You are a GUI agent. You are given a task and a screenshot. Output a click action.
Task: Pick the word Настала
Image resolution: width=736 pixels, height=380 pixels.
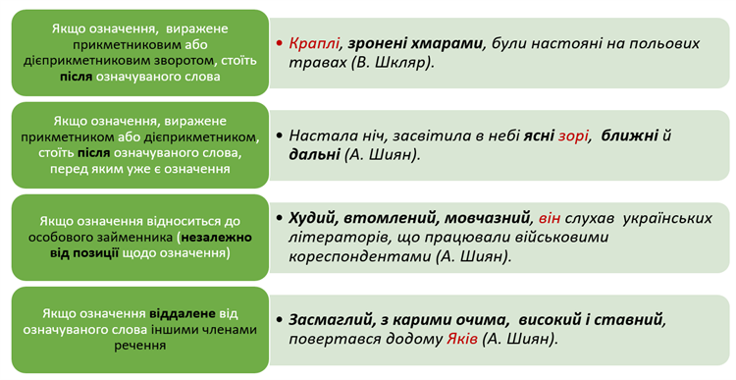tap(321, 136)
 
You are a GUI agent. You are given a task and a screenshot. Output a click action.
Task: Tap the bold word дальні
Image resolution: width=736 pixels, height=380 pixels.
tap(314, 155)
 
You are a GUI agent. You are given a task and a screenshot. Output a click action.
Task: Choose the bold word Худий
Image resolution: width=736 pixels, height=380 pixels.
tap(316, 217)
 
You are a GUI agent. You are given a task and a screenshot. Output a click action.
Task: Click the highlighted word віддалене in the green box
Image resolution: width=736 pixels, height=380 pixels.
tap(183, 313)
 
